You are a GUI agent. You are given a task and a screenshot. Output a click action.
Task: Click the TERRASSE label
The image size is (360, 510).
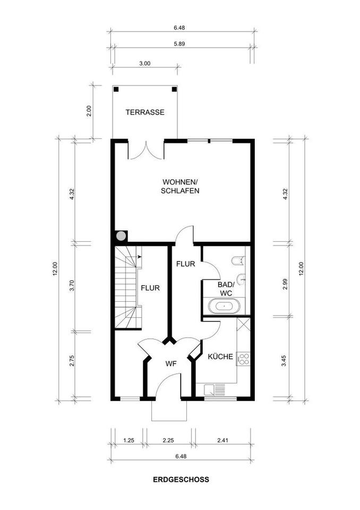pyautogui.click(x=145, y=113)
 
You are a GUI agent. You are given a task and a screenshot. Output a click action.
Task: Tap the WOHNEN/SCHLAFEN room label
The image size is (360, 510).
pyautogui.click(x=180, y=186)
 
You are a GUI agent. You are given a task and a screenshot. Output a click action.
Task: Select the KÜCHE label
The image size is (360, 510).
pyautogui.click(x=220, y=356)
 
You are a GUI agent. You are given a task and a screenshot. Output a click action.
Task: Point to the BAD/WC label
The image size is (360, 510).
pyautogui.click(x=226, y=289)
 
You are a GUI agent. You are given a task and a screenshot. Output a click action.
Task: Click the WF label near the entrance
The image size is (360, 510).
pyautogui.click(x=171, y=364)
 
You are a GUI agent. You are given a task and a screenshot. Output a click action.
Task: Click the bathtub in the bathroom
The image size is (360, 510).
pyautogui.click(x=224, y=307)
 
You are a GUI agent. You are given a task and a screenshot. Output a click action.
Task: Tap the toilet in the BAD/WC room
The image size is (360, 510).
pyautogui.click(x=238, y=260)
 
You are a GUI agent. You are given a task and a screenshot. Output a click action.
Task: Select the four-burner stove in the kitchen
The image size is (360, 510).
pyautogui.click(x=244, y=359)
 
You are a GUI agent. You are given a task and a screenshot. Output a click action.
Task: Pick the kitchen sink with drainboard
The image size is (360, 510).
pyautogui.click(x=215, y=389)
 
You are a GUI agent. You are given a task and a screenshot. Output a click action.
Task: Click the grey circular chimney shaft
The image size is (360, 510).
pyautogui.click(x=121, y=236)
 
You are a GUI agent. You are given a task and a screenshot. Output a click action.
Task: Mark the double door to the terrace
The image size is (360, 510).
pyautogui.click(x=145, y=150)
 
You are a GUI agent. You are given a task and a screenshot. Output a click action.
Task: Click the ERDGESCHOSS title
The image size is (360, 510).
pyautogui.click(x=181, y=479)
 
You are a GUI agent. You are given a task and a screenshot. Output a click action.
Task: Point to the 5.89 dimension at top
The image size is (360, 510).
pyautogui.click(x=179, y=44)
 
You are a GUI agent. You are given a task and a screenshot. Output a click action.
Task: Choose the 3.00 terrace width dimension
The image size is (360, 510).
pyautogui.click(x=145, y=63)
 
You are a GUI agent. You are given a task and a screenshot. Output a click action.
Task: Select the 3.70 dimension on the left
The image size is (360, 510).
pyautogui.click(x=72, y=286)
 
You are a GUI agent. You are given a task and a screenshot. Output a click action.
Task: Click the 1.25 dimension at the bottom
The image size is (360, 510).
pyautogui.click(x=129, y=440)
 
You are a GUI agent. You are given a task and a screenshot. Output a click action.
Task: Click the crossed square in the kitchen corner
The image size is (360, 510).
pyautogui.click(x=243, y=324)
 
